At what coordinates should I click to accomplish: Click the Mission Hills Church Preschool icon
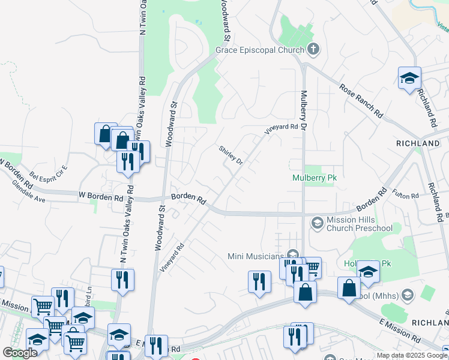(317, 223)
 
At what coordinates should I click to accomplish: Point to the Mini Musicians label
(256, 256)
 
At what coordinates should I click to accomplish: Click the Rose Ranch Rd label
(361, 100)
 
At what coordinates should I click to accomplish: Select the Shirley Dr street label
(231, 156)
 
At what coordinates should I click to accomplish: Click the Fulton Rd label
(406, 196)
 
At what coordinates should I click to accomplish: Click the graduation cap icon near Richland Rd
(409, 78)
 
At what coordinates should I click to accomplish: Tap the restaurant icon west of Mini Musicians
(259, 281)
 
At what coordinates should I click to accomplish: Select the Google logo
(19, 353)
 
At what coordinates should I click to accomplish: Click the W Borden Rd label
(101, 196)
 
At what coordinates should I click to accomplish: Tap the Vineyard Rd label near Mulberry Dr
(281, 127)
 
